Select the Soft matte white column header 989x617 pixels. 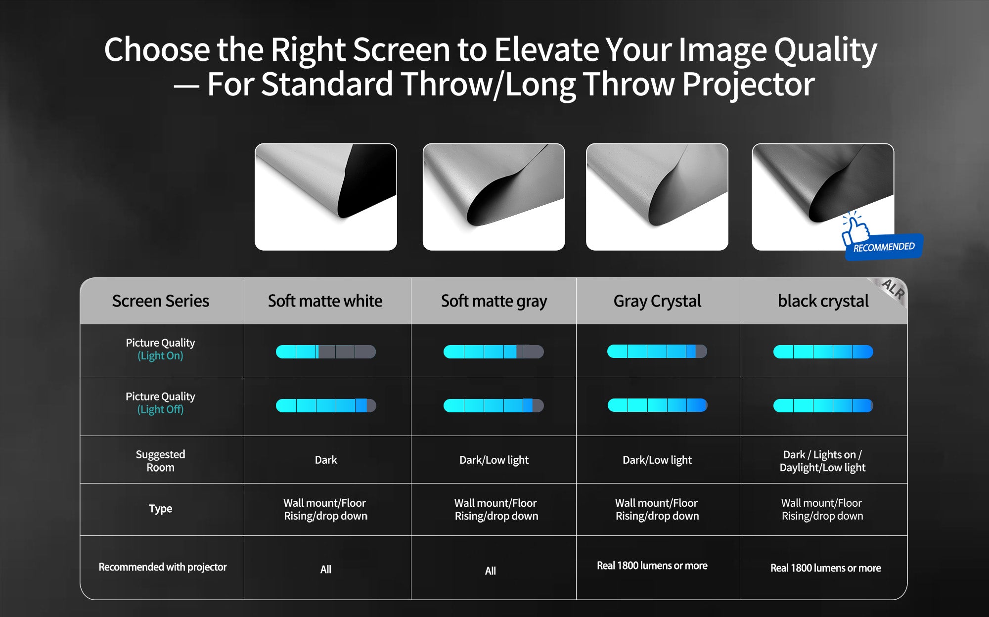coord(325,301)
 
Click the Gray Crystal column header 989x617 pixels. coord(657,301)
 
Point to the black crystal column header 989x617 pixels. coord(823,301)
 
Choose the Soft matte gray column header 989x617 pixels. coord(494,301)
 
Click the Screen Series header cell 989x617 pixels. coord(161,301)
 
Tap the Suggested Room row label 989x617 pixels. coord(161,460)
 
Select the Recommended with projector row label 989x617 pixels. coord(163,567)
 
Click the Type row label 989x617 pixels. coord(161,508)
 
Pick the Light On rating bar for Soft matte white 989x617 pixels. coord(326,352)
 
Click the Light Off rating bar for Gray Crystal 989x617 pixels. coord(657,405)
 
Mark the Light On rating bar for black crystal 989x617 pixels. coord(823,352)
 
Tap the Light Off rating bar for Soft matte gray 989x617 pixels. coord(494,405)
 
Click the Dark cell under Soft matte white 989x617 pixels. coord(326,460)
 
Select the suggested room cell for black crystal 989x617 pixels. coord(822,461)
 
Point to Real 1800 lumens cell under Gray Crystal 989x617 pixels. coord(652,566)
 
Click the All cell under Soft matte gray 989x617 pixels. coord(490,571)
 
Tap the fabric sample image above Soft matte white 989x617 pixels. coord(326,197)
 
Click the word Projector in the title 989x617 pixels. coord(748,84)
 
